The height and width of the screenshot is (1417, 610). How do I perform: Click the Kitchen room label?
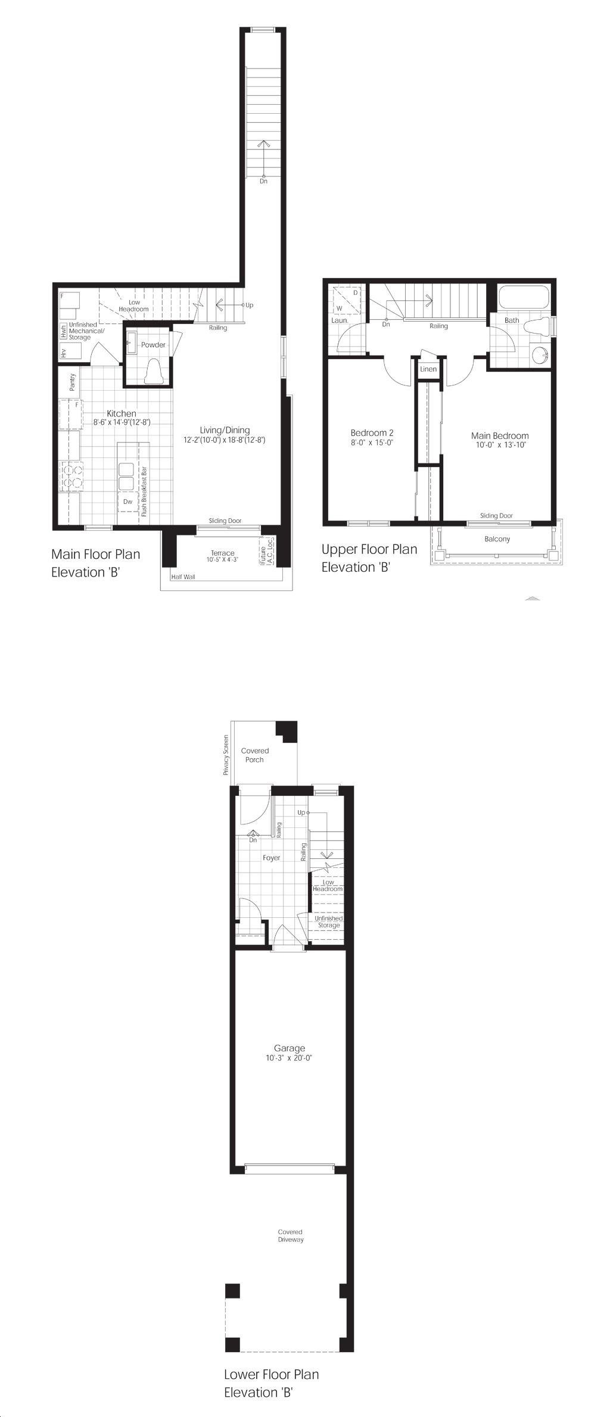pos(122,413)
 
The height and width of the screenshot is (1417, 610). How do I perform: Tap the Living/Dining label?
pos(225,430)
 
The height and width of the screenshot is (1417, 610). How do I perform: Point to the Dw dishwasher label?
pos(127,502)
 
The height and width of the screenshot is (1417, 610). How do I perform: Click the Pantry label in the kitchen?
pos(73,382)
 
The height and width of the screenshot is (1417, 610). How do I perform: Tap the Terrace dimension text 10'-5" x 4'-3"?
pos(222,560)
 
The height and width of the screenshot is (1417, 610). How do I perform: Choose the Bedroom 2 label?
pos(372,433)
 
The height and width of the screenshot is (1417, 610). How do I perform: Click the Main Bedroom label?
pos(500,435)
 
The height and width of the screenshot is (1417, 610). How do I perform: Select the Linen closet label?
pos(428,369)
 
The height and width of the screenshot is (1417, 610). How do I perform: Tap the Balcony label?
pos(497,539)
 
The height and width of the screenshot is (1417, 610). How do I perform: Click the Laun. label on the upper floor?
pos(340,320)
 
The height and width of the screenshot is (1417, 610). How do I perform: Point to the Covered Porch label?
pos(255,755)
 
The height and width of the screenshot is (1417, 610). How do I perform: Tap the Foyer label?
pos(272,858)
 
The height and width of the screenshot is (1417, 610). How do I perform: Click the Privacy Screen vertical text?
pos(226,754)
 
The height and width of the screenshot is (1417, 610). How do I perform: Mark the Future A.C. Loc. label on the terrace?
pos(266,551)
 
